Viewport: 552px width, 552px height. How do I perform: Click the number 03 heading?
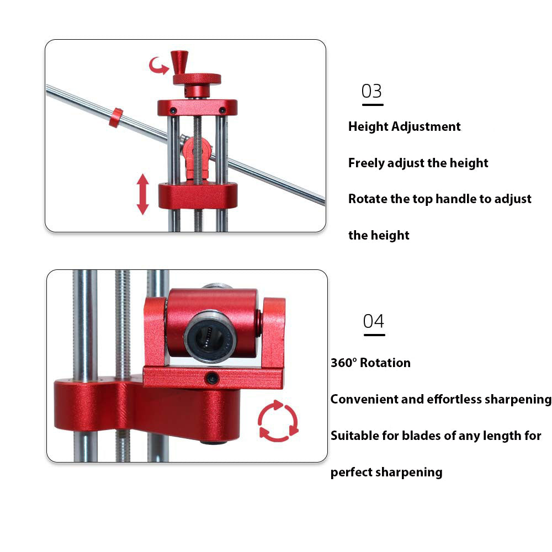pos(371,91)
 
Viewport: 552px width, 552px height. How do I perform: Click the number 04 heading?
pos(374,321)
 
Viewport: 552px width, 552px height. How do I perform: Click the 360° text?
pos(344,363)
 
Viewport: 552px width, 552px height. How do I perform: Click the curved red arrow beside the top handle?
pos(158,66)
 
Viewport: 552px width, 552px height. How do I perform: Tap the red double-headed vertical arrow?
pos(142,194)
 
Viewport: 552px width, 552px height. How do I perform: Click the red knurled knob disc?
pos(197,79)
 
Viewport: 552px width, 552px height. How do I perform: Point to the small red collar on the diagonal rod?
pos(116,118)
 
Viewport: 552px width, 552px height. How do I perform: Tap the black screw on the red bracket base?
pos(212,379)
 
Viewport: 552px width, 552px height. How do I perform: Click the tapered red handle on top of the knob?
pos(179,62)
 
